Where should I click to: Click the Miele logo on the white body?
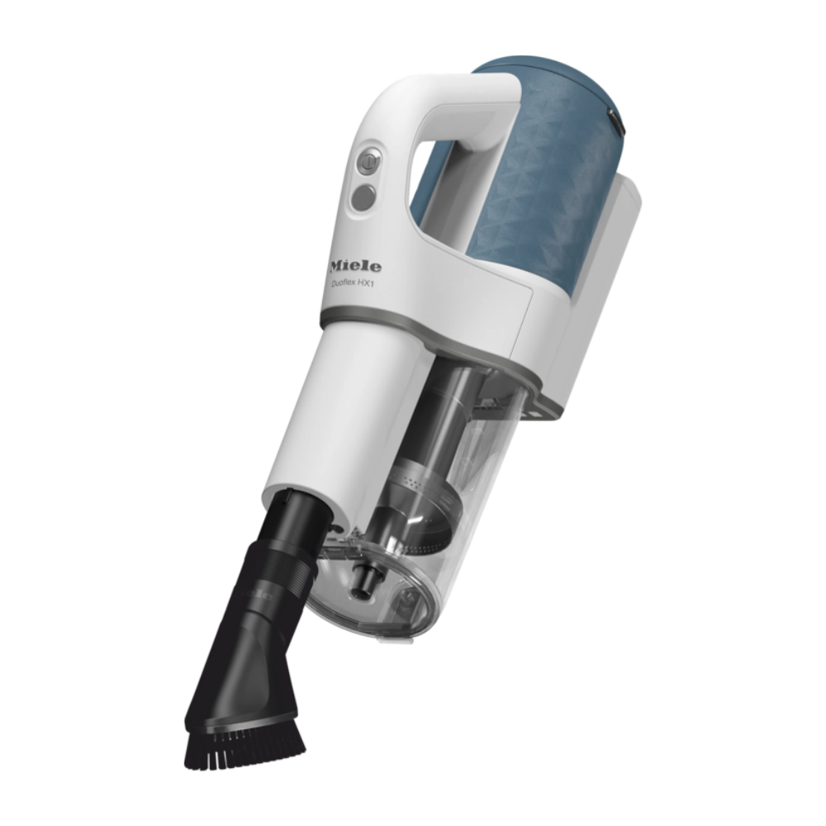[x=355, y=267]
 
